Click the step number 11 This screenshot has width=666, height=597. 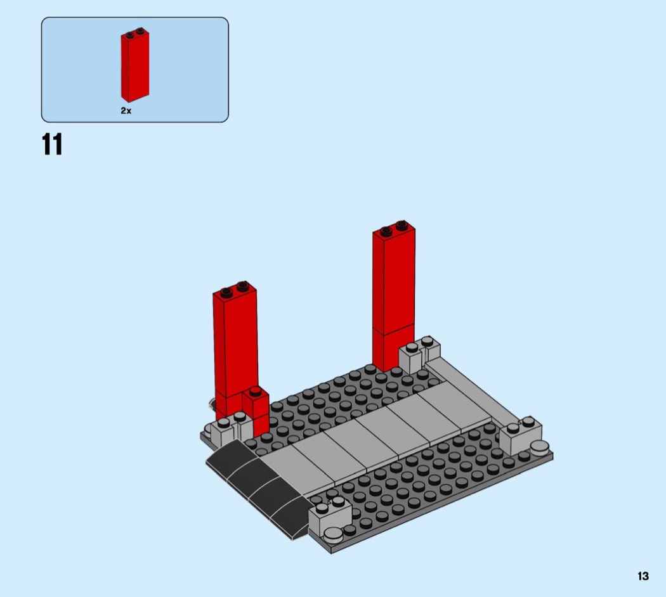coord(52,144)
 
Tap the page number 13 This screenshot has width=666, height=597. coord(643,576)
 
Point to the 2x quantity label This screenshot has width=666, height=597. coord(126,111)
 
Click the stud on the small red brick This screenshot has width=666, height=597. coord(255,390)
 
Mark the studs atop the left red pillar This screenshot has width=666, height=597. coord(234,288)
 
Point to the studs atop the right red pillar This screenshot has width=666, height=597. coord(394,227)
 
